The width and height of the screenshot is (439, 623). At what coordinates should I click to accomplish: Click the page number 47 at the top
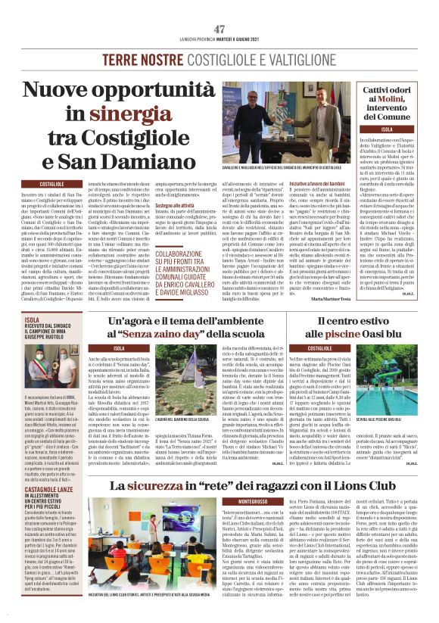pos(219,29)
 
